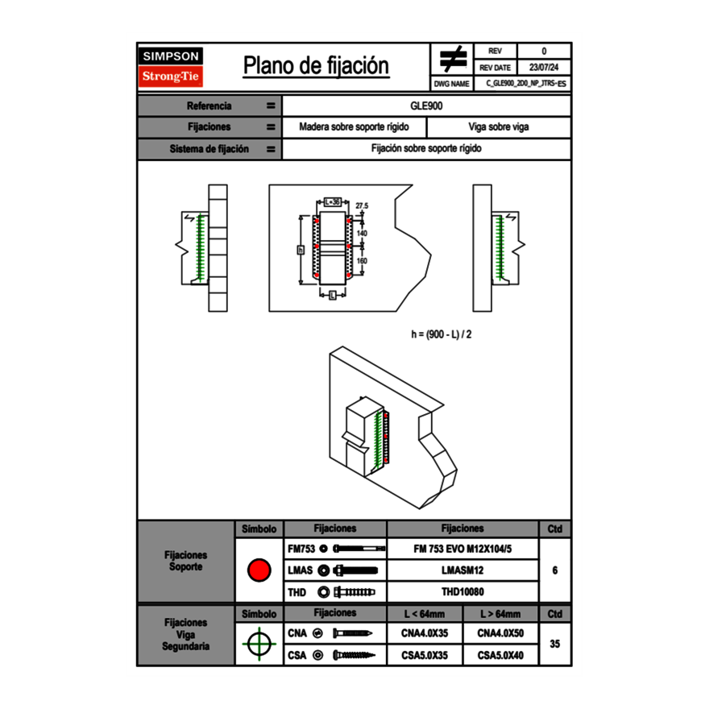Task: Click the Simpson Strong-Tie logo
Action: [172, 67]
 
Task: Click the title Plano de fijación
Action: [316, 66]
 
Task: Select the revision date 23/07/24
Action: [544, 68]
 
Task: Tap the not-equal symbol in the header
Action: [453, 60]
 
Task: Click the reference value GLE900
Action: [426, 106]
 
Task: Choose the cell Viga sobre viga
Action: [499, 127]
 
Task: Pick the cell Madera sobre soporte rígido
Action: [354, 127]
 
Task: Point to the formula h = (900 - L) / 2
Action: [442, 334]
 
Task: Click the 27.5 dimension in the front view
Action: [361, 206]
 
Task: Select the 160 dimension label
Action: [362, 261]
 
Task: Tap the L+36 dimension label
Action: [332, 202]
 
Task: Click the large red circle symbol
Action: [259, 570]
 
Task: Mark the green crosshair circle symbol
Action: [259, 644]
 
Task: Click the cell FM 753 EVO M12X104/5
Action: [462, 549]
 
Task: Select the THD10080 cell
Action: [462, 592]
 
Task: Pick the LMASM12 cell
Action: [462, 570]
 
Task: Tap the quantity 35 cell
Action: [554, 644]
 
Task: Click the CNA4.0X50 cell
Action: [500, 633]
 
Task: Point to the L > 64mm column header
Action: [500, 614]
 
